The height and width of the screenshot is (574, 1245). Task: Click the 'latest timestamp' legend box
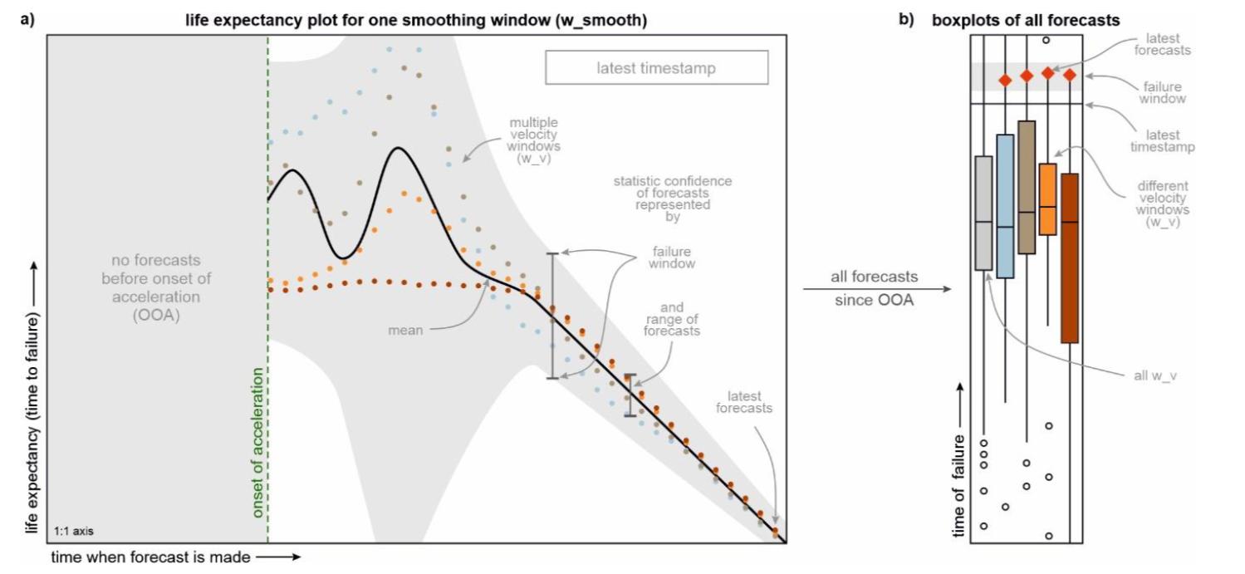656,68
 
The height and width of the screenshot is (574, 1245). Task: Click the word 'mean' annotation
406,331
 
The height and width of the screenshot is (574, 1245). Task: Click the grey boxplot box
983,213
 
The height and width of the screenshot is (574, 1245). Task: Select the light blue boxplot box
1005,206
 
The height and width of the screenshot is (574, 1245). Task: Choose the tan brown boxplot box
1027,187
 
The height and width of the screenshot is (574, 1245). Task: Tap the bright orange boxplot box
1047,199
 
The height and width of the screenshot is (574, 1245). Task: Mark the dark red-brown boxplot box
1069,258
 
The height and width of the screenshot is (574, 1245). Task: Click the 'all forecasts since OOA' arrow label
874,288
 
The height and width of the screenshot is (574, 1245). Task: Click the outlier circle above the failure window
1047,39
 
